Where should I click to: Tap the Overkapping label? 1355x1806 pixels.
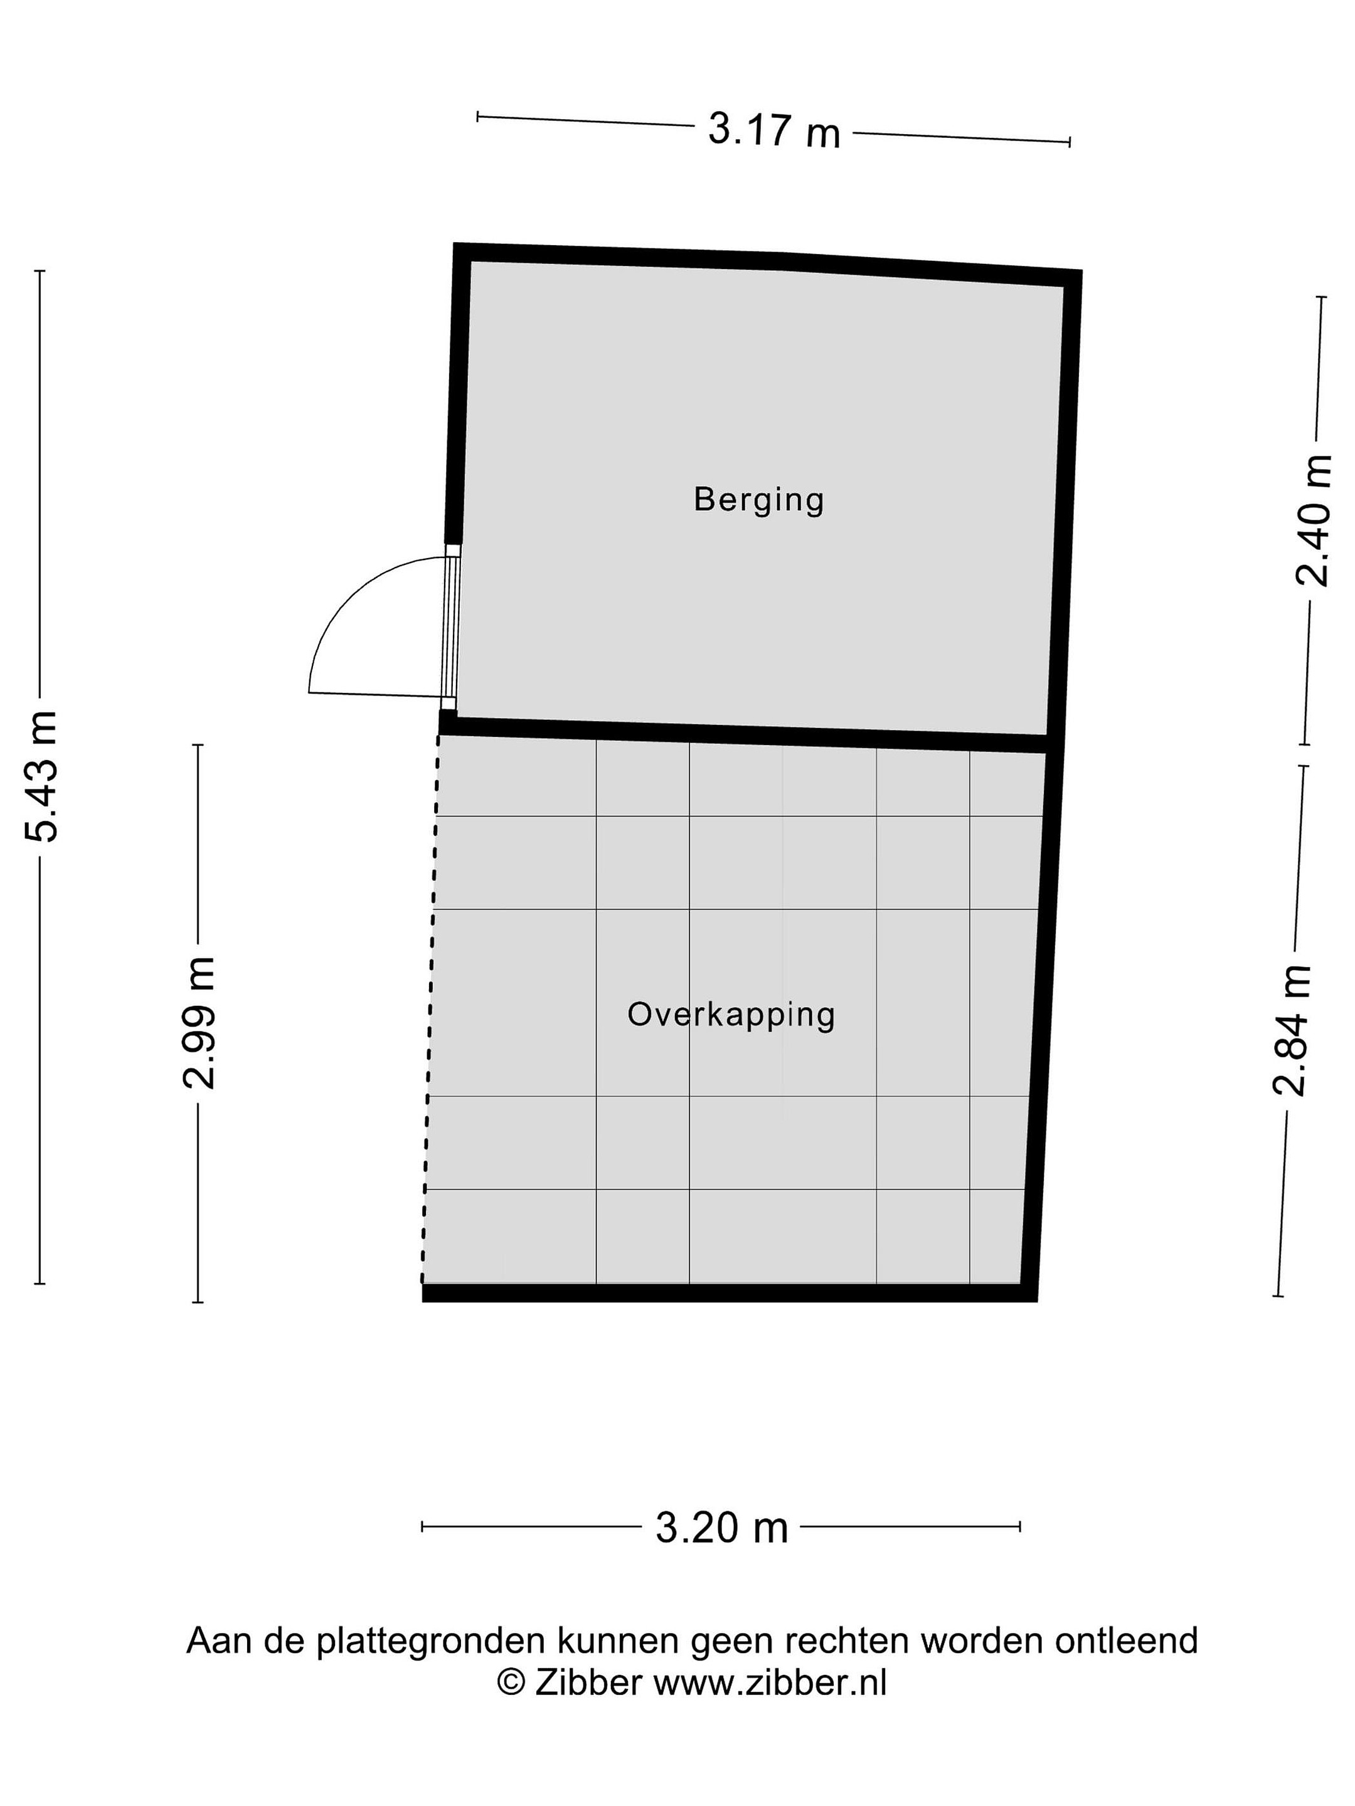coord(731,1015)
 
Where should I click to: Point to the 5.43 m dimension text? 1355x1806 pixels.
coord(41,776)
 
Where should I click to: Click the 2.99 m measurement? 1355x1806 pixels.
coord(198,1023)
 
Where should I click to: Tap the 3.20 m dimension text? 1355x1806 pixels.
coord(722,1528)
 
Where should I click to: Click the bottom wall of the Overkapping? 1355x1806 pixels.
coord(730,1292)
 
